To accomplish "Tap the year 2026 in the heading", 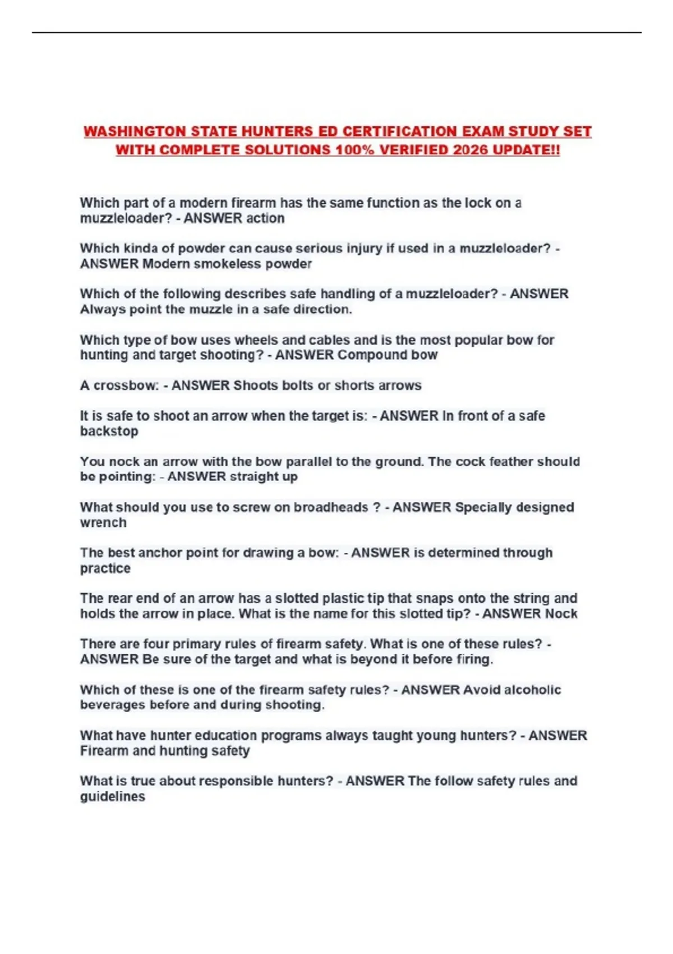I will pos(471,150).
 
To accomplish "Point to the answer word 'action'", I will pos(266,218).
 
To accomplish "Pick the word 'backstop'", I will pos(109,431).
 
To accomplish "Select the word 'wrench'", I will pos(103,522).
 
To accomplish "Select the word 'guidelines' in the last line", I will pos(112,796).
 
